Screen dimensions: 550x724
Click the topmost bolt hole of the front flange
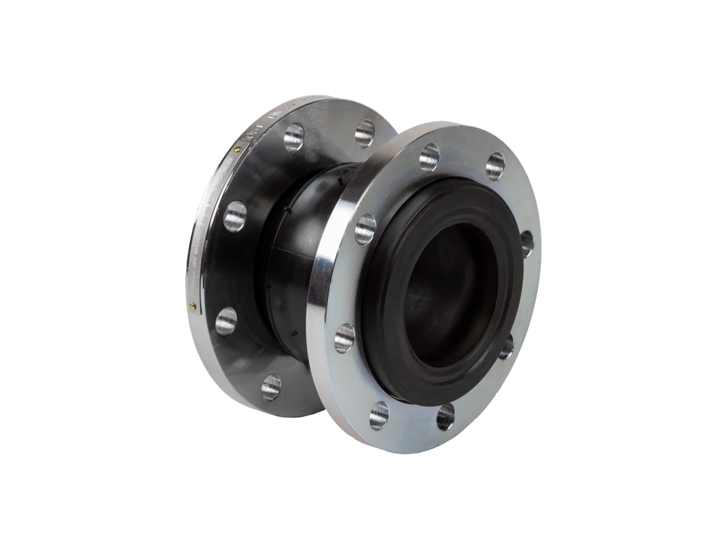[x=429, y=157]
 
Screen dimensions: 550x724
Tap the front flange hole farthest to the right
[x=526, y=243]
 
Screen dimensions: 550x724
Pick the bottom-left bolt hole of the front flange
[x=379, y=415]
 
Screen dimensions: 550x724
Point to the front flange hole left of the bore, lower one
[x=345, y=337]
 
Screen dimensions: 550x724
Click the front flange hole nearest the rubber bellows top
[x=366, y=229]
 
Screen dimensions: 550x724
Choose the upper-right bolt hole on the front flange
[x=495, y=165]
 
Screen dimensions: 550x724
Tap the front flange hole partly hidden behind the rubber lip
[x=506, y=346]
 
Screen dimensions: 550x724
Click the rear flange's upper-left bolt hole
[x=293, y=136]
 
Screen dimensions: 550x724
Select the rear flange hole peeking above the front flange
[x=364, y=133]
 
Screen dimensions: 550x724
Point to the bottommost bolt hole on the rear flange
[x=271, y=387]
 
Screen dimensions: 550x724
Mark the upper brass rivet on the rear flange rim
[x=239, y=149]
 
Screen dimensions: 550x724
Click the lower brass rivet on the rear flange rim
[x=192, y=307]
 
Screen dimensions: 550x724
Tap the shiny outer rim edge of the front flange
[x=319, y=304]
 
